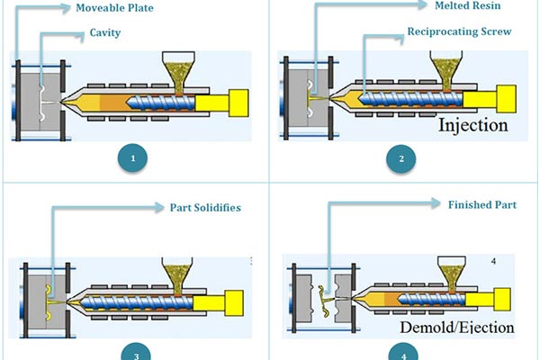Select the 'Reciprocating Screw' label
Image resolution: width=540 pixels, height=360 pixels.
460,31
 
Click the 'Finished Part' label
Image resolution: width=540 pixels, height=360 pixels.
483,204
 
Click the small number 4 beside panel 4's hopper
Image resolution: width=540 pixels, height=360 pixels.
492,261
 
